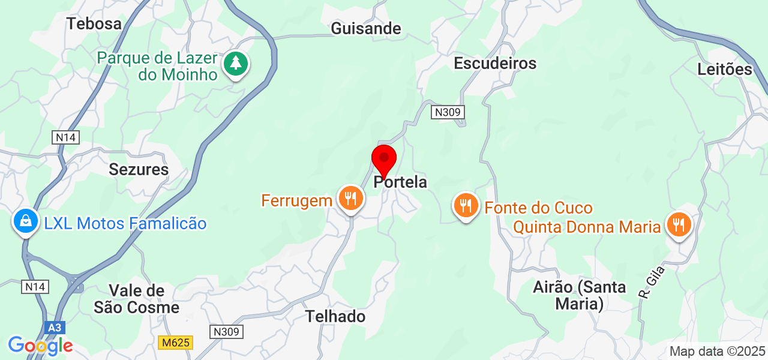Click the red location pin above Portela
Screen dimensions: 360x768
(x=384, y=160)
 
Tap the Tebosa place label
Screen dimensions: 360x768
(x=94, y=23)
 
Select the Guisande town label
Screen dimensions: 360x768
(x=366, y=28)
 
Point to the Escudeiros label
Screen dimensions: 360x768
(x=495, y=62)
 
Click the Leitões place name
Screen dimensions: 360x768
(x=725, y=69)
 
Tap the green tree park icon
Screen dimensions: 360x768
(x=236, y=63)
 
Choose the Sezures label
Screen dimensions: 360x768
(x=139, y=169)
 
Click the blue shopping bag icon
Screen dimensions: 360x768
(x=26, y=221)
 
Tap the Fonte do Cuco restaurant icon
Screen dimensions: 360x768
(x=466, y=206)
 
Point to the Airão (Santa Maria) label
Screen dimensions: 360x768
(x=579, y=295)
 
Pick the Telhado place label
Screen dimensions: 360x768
(x=335, y=316)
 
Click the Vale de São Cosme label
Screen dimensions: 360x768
(x=137, y=299)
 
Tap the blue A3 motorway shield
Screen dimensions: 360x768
(x=55, y=328)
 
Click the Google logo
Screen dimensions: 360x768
(x=40, y=346)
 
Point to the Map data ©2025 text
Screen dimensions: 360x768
(x=718, y=351)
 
